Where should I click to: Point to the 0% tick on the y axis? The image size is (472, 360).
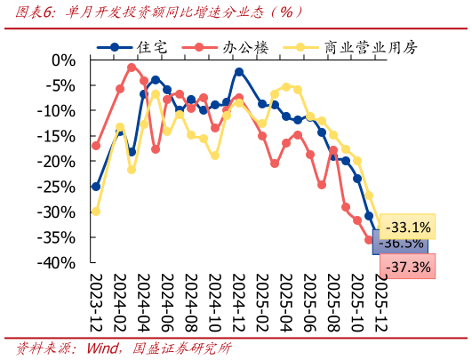64,60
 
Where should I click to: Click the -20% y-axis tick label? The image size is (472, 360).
60,162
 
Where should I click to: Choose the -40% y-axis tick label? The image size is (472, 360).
60,263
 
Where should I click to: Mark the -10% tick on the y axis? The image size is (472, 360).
60,111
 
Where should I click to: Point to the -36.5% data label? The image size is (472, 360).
401,244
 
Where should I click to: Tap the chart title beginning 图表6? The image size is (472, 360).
156,12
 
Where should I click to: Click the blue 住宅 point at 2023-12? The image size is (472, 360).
96,187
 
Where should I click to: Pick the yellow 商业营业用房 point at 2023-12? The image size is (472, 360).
96,212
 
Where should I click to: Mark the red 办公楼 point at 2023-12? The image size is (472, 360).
96,146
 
